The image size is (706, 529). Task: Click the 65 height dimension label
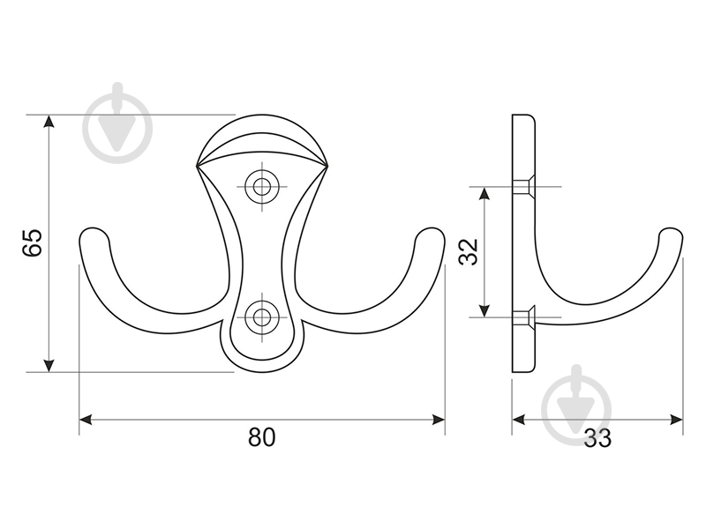click(x=33, y=243)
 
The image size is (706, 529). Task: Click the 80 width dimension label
click(x=261, y=436)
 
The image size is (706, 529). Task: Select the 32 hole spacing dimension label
click(x=469, y=252)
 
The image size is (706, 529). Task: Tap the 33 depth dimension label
click(x=598, y=438)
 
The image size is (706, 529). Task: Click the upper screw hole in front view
click(x=260, y=187)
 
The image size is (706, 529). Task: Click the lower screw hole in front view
click(x=260, y=317)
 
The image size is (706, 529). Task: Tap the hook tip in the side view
click(x=671, y=232)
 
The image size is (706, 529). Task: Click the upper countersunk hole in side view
click(x=523, y=186)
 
